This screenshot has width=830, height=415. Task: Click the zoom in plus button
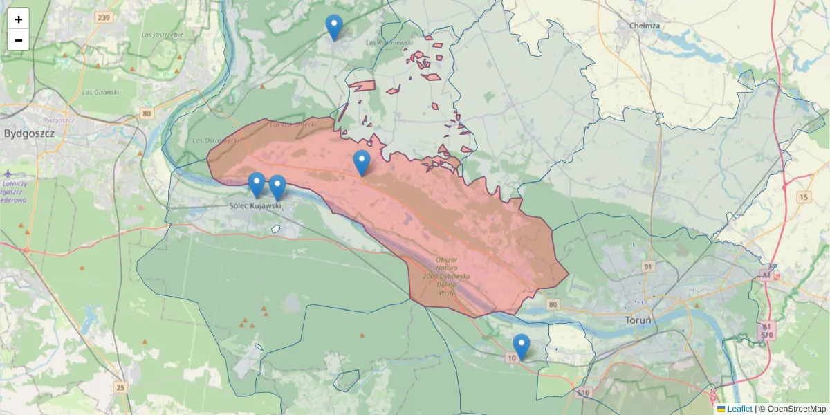pos(19,19)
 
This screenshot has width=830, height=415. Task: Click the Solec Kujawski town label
pos(256,206)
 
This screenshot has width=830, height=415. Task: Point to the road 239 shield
pos(104,17)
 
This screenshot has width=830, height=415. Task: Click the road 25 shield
pos(121,387)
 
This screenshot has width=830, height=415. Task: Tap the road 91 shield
pos(647,266)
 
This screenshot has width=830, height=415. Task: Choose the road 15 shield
pos(802,198)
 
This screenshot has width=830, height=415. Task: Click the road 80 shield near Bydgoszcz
pos(145,113)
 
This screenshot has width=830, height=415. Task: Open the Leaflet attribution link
pos(739,409)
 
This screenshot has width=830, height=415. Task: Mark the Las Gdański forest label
pos(100,92)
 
